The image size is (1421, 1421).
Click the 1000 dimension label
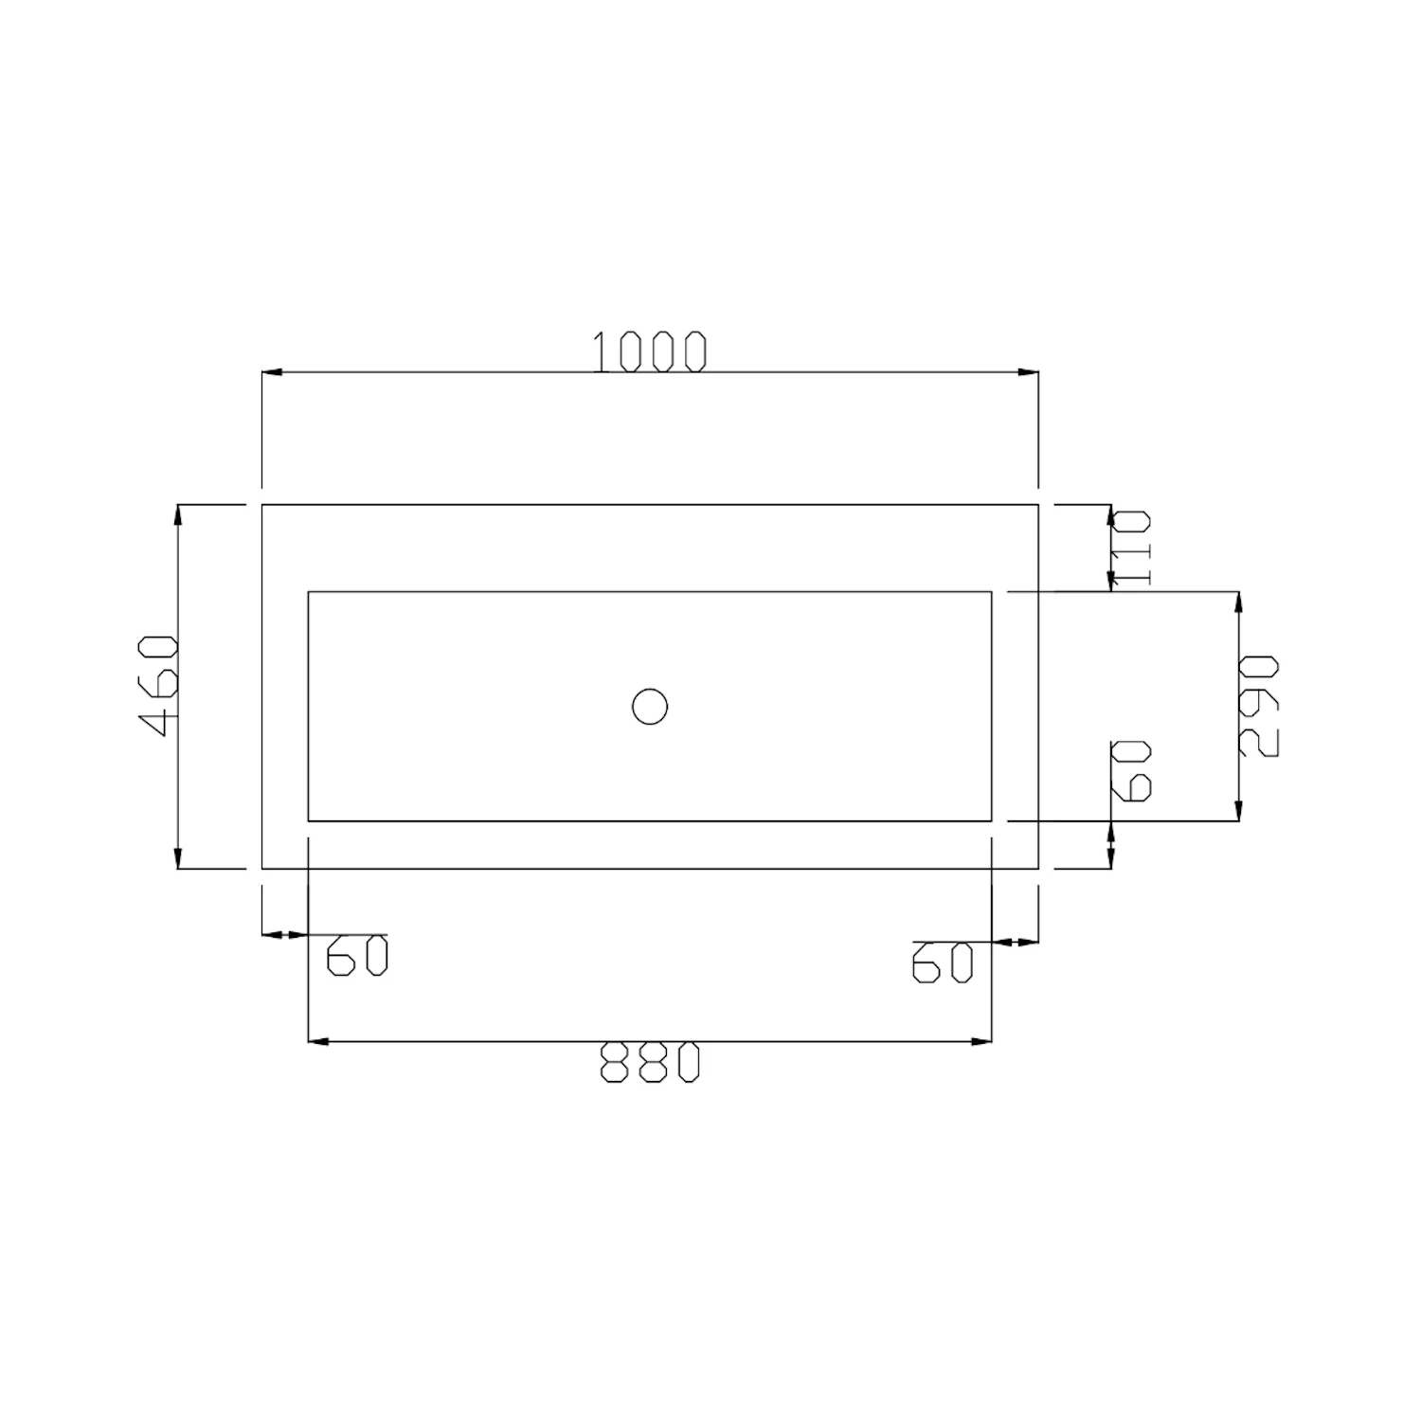pos(650,351)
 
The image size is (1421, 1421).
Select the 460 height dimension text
pos(158,686)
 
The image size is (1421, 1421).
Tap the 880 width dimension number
pos(650,1062)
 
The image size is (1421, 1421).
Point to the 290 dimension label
pos(1259,705)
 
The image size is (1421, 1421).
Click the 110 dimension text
pos(1131,548)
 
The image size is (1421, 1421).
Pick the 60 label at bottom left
pos(357,955)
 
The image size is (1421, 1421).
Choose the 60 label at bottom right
pos(943,962)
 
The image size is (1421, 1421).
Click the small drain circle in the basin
pos(650,707)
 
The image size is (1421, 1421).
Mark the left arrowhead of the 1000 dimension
pos(273,372)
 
